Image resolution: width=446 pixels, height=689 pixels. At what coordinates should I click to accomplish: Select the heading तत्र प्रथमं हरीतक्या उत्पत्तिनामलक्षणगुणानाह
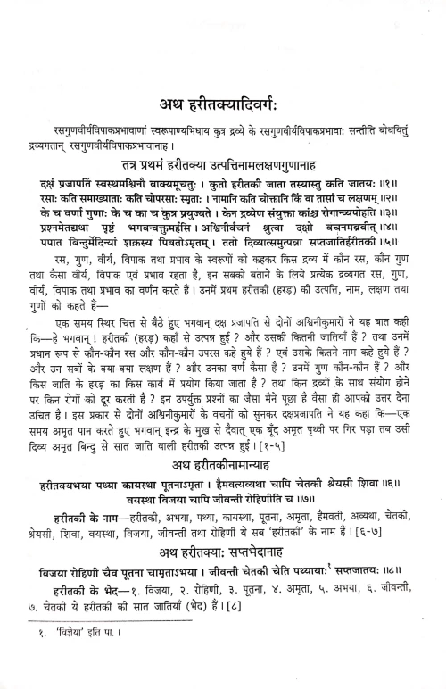pyautogui.click(x=223, y=167)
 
